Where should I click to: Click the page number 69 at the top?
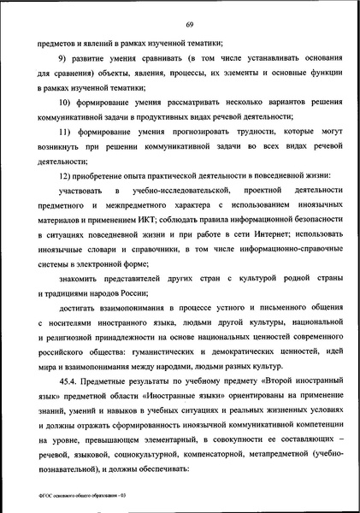tap(180, 23)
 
